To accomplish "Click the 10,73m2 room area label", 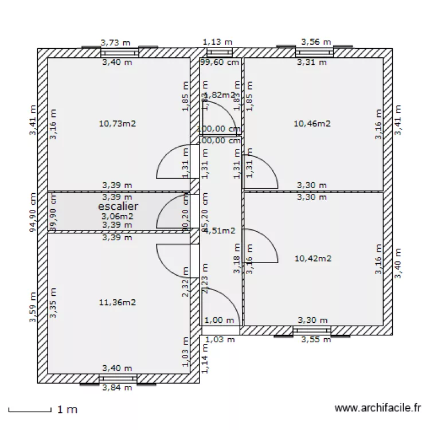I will click(117, 123).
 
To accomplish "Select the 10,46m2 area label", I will click(312, 123).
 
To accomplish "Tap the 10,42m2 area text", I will click(312, 259).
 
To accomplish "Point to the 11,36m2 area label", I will click(117, 302).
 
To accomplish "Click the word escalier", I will click(118, 206).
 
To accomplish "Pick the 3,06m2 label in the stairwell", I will click(117, 216).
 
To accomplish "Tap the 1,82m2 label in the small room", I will click(220, 95).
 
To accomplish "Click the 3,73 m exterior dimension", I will click(115, 42).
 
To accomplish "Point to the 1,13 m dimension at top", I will click(220, 42).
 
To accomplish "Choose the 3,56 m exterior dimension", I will click(316, 42).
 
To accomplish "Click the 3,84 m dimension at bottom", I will click(117, 388).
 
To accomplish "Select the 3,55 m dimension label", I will click(316, 339).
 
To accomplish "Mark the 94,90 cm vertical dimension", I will click(33, 211).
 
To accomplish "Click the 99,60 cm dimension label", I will click(220, 62).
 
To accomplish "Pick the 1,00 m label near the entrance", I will click(220, 320).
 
